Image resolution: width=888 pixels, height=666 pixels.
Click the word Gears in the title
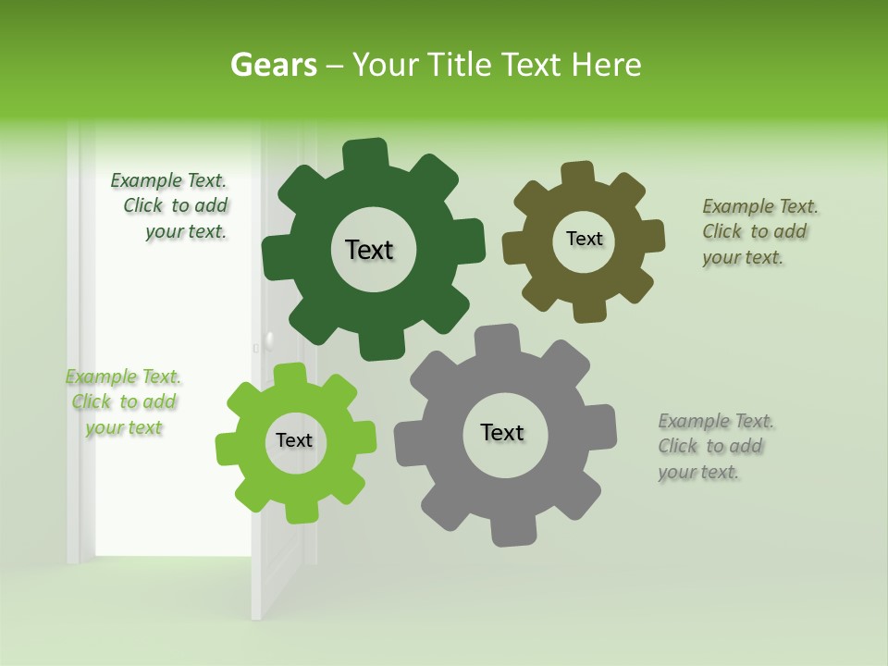tap(274, 65)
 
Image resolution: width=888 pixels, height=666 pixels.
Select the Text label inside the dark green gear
tap(369, 250)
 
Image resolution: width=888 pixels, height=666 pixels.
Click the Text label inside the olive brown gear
tap(584, 239)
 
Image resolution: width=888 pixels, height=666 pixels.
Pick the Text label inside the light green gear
tap(294, 440)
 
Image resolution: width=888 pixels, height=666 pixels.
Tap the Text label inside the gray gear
tap(502, 432)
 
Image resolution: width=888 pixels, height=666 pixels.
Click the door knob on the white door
tap(268, 341)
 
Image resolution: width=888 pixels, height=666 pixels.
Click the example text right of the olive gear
tap(758, 231)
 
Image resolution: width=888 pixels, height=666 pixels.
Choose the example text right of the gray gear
tap(714, 446)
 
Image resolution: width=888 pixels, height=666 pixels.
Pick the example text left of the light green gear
tap(123, 402)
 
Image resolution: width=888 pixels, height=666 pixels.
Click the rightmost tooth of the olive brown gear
tap(653, 236)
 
